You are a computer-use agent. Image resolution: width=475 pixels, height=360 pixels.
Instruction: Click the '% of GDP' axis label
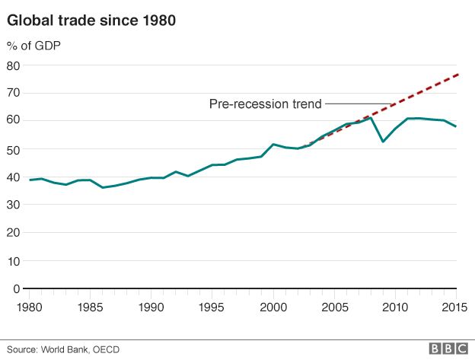[34, 46]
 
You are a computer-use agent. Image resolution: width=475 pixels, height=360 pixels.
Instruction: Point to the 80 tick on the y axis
[13, 65]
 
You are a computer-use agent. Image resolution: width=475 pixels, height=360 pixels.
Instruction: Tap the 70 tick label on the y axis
[13, 93]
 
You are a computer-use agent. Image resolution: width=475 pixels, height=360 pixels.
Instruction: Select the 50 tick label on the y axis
[13, 149]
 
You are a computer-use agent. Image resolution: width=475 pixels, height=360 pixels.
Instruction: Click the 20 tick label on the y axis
[13, 233]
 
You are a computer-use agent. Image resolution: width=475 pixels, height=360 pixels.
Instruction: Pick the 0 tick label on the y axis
[16, 288]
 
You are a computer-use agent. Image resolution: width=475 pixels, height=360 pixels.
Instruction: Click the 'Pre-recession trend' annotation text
[266, 104]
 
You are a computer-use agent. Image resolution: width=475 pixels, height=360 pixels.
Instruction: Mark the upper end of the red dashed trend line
[457, 75]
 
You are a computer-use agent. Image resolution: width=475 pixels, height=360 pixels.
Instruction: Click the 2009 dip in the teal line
[383, 142]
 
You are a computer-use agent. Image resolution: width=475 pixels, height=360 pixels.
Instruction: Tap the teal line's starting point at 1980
[30, 180]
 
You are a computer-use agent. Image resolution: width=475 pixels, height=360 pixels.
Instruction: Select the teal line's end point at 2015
[456, 126]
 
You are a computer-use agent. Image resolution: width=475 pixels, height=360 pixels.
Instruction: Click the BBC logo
[448, 348]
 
